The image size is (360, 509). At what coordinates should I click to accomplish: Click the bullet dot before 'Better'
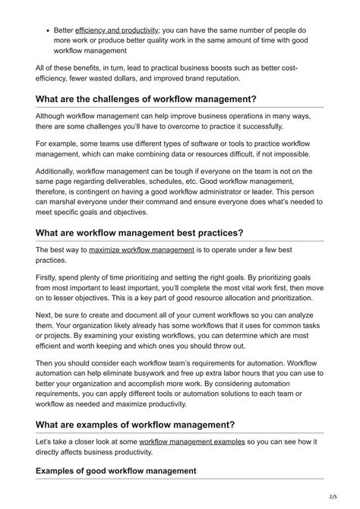pos(47,30)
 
